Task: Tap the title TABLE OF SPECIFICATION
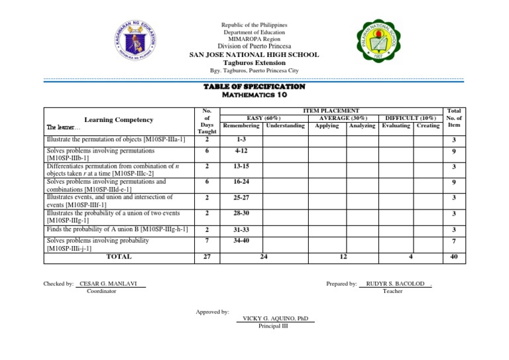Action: click(x=254, y=87)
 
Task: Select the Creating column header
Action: click(x=428, y=125)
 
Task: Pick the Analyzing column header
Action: click(x=361, y=125)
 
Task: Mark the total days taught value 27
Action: click(x=207, y=257)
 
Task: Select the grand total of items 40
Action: click(x=453, y=257)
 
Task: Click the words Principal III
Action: click(x=273, y=326)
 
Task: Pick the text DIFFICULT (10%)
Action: click(x=410, y=117)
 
